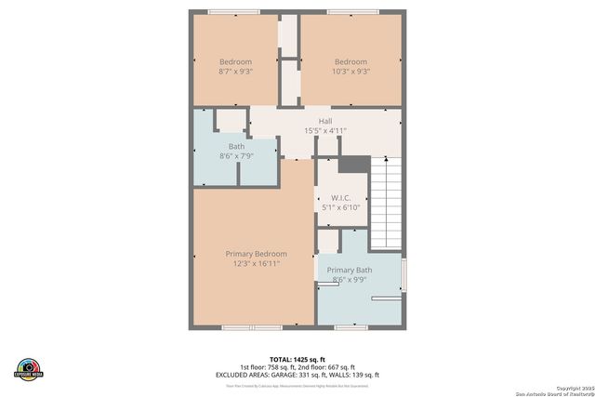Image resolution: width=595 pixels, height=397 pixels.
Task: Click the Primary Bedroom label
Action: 256,254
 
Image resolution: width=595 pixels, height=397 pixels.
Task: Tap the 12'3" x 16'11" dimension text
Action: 256,264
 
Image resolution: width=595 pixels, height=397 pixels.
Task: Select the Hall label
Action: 325,121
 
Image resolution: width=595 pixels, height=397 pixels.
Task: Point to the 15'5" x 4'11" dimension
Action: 325,131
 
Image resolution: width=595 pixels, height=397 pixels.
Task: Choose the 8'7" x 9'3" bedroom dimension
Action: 235,71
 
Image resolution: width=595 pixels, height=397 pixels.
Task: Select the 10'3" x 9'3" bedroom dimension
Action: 351,71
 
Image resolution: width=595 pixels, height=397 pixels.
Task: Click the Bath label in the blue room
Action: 236,146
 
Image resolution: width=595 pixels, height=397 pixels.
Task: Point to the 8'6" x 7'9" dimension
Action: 236,156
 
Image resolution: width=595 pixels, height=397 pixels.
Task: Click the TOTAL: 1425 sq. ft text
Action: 297,358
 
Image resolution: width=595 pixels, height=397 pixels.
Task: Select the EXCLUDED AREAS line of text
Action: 297,375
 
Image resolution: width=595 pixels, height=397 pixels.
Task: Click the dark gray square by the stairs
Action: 353,164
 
